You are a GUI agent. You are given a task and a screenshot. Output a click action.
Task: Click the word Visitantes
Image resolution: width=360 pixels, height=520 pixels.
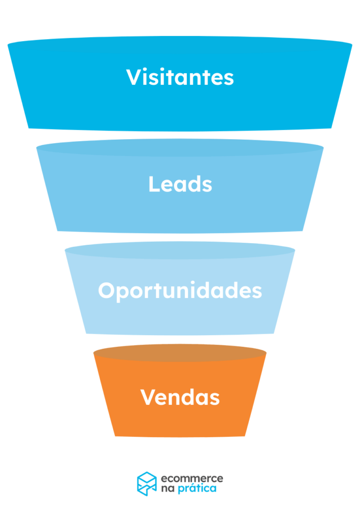click(180, 77)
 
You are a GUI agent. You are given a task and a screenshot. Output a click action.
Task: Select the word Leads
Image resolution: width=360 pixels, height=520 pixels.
click(180, 184)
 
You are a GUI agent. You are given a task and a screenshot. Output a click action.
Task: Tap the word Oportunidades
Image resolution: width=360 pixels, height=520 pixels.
click(180, 291)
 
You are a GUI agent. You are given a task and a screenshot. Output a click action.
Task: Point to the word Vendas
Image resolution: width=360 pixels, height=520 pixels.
click(180, 397)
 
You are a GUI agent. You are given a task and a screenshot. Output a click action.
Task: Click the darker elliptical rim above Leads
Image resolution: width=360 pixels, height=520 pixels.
click(180, 148)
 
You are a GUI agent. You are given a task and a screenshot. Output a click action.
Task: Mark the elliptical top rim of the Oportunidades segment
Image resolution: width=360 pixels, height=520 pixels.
click(180, 250)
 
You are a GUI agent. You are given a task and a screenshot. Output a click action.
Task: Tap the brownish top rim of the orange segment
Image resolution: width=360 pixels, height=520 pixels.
click(180, 353)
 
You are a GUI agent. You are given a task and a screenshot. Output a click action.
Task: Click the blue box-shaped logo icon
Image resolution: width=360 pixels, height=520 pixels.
click(147, 483)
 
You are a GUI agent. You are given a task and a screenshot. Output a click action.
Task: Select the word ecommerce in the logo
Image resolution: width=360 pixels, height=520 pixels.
click(192, 478)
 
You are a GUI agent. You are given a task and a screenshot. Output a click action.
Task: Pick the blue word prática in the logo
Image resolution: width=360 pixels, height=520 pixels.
click(199, 489)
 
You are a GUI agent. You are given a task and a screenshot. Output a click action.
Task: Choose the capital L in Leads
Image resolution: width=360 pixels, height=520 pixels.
click(153, 184)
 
